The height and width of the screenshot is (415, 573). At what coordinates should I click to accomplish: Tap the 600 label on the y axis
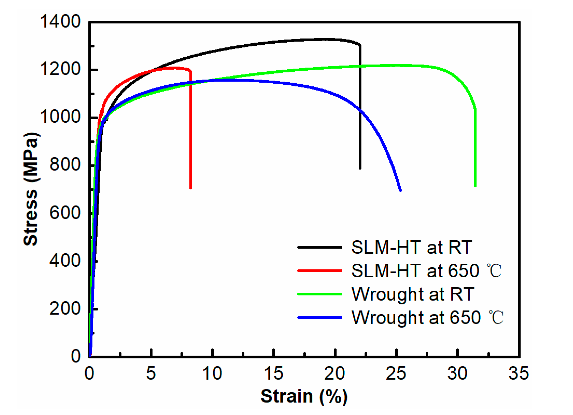[65, 213]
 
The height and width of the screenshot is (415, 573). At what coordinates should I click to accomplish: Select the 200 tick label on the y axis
[65, 309]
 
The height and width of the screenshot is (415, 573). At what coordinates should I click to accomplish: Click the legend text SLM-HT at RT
[412, 247]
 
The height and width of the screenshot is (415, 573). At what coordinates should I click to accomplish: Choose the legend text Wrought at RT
[413, 294]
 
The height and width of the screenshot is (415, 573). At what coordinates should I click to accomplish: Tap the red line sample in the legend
[319, 271]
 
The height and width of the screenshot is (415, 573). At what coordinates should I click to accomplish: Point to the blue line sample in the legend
[319, 317]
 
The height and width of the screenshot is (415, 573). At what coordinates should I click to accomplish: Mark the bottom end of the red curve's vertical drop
[191, 187]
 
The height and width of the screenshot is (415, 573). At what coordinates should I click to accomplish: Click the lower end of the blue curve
[400, 190]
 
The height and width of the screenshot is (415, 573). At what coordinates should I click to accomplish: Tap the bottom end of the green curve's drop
[475, 185]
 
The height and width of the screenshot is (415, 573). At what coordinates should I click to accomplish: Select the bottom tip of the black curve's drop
[360, 168]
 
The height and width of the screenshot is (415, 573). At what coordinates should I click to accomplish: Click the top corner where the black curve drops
[360, 46]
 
